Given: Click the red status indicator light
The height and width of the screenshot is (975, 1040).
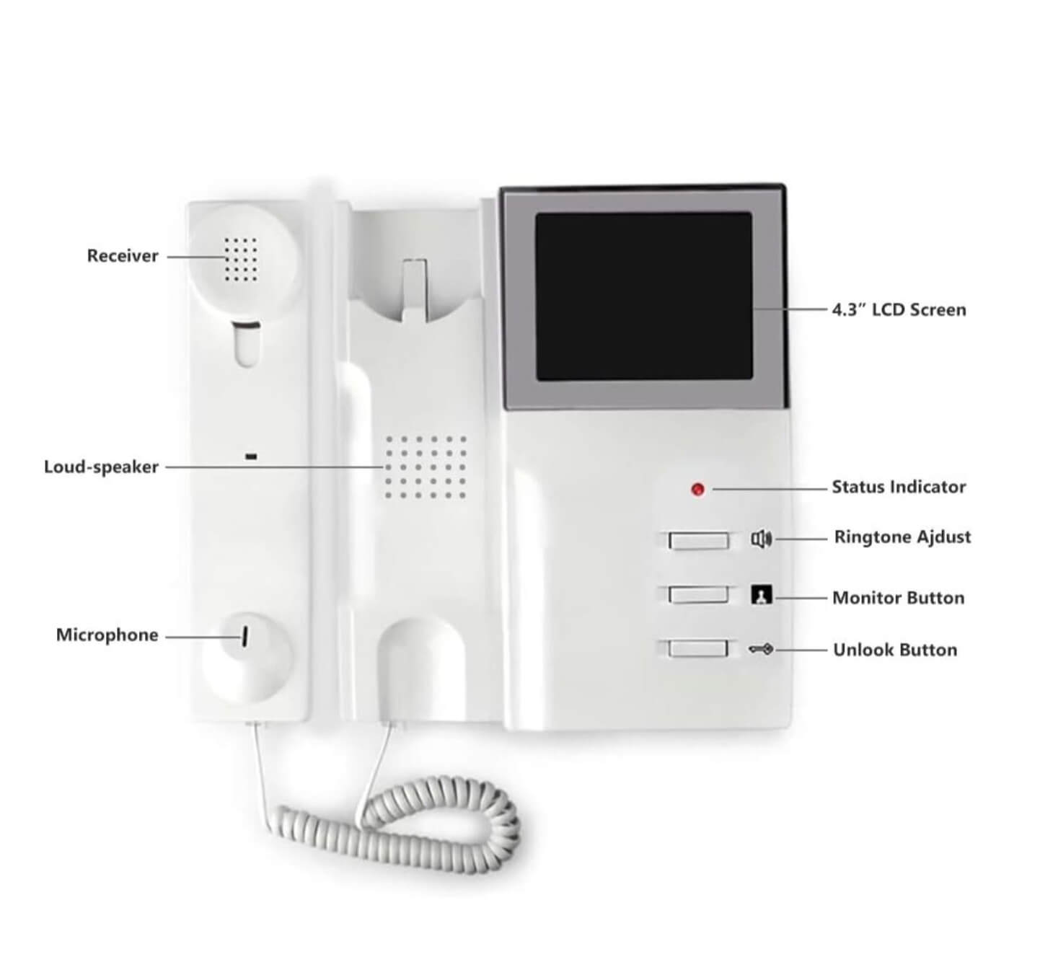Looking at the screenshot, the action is (x=697, y=489).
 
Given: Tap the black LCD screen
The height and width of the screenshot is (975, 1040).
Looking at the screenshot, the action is (x=644, y=296).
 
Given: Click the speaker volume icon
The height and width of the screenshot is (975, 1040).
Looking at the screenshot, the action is (x=762, y=539).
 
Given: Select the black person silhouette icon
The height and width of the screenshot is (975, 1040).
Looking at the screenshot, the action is (x=762, y=594).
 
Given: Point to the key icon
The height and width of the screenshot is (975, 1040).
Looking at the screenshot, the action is (x=761, y=650).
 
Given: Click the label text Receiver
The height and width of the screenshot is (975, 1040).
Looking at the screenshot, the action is (x=123, y=256).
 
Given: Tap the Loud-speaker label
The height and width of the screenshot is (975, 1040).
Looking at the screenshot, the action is (x=101, y=467).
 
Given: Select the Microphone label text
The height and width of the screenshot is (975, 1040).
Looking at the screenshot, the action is (x=107, y=635).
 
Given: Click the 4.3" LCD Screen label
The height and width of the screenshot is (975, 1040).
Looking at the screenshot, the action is (x=899, y=310).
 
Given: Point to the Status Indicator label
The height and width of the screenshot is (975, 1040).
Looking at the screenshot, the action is (x=899, y=487).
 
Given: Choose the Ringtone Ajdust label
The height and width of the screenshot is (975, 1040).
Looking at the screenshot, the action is (x=902, y=537).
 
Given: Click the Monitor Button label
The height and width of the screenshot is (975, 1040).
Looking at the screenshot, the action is (x=899, y=598).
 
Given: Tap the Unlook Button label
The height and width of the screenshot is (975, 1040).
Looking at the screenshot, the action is (x=895, y=650).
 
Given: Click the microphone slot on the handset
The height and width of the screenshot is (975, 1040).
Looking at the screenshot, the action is (x=244, y=636).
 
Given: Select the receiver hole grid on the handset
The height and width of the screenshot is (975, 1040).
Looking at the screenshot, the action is (x=241, y=259).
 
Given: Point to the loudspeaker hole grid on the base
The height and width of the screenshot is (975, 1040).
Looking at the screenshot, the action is (x=426, y=467).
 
